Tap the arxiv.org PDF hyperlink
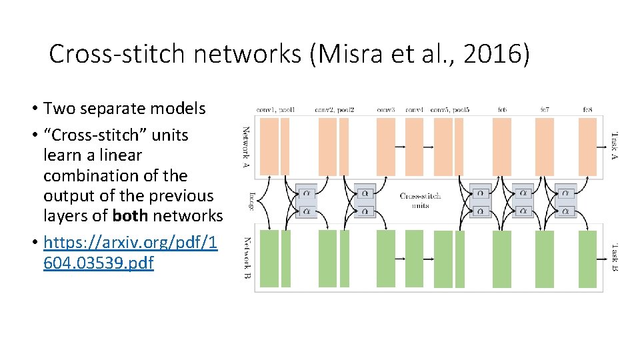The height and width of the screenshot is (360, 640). tap(130, 253)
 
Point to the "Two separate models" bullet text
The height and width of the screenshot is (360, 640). tap(124, 108)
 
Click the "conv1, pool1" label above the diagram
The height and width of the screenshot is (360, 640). tap(275, 109)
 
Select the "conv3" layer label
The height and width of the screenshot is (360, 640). tap(386, 109)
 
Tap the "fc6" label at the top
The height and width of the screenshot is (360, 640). tap(501, 109)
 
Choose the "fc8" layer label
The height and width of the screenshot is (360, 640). tap(587, 109)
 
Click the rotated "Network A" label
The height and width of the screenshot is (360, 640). tap(246, 147)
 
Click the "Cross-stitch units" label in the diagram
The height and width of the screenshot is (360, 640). tap(420, 201)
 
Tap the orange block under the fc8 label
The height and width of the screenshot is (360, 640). tap(587, 147)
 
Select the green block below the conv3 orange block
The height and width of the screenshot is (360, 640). tap(386, 258)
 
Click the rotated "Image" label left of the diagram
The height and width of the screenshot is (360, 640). tap(251, 201)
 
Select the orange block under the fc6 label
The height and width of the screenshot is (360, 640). tap(501, 147)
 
